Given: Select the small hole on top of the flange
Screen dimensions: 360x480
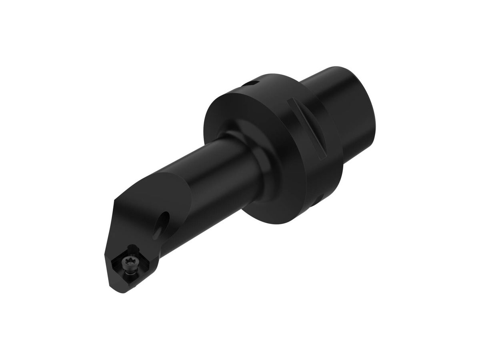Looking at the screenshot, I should point(251,83).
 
